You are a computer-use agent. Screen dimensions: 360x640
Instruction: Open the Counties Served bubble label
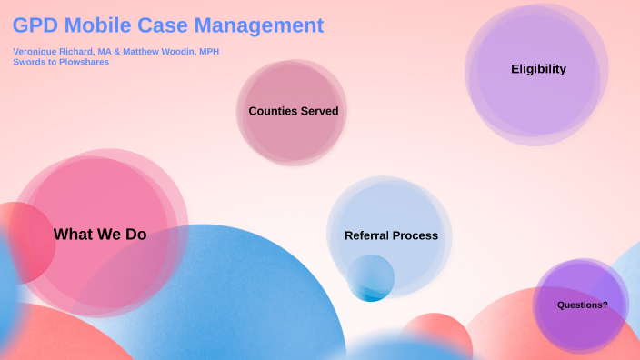(x=293, y=111)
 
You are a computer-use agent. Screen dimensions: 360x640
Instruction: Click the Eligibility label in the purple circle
(x=538, y=69)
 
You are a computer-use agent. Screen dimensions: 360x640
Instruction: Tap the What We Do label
(x=100, y=235)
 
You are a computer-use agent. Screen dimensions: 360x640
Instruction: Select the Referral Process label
(x=391, y=235)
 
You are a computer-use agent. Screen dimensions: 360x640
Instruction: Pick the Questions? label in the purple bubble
(x=583, y=305)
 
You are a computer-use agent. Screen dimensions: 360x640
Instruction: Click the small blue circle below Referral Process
(x=371, y=278)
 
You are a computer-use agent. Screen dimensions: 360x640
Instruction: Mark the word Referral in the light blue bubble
(x=366, y=235)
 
